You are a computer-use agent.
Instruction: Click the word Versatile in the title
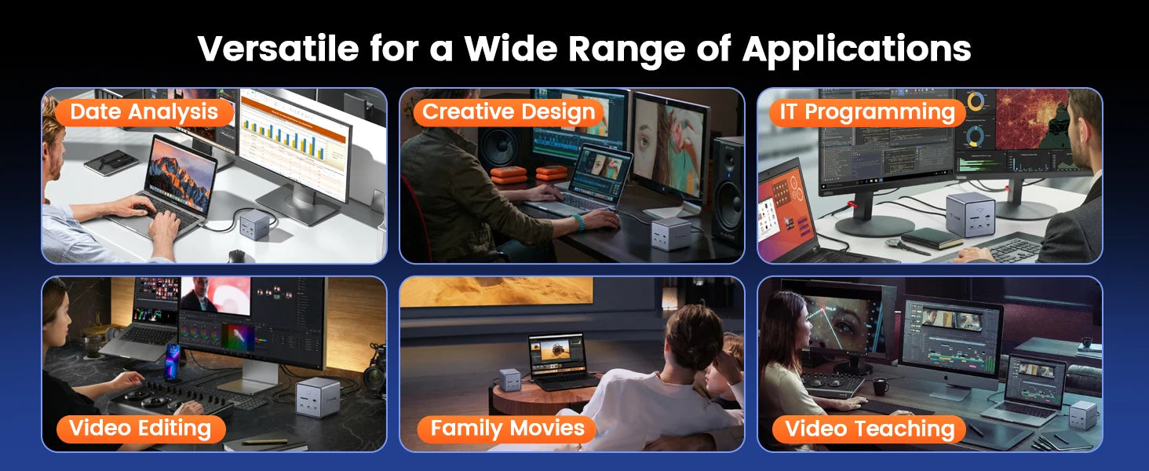point(278,49)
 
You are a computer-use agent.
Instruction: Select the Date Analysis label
point(144,112)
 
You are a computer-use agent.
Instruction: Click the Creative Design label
point(509,112)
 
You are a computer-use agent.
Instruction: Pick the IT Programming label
point(867,112)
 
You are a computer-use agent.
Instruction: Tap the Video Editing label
point(140,429)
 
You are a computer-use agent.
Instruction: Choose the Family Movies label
point(507,429)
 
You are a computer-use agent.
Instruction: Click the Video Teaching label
point(869,429)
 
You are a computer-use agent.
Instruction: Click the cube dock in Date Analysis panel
point(254,224)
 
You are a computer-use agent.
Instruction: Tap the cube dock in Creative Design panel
point(670,233)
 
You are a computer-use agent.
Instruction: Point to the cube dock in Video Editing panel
point(318,396)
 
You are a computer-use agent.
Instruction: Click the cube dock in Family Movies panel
point(509,380)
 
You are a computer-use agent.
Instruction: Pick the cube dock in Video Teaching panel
point(1083,415)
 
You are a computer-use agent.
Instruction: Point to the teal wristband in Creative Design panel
point(578,222)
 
